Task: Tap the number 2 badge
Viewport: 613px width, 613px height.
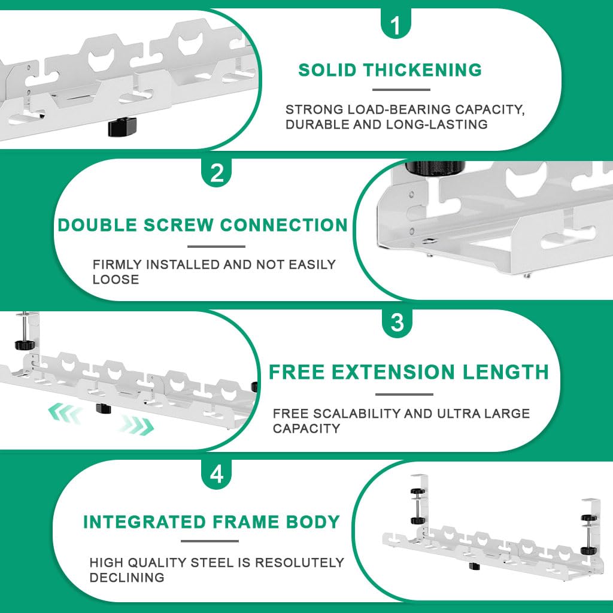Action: click(217, 174)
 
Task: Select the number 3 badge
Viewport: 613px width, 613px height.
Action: click(397, 323)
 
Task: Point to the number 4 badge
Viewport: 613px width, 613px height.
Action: click(217, 474)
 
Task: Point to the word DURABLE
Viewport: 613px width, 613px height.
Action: click(319, 125)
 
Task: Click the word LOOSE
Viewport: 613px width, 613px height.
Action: click(116, 280)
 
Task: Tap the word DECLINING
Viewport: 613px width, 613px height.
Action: click(126, 578)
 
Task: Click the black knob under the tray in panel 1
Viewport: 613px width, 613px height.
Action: click(122, 126)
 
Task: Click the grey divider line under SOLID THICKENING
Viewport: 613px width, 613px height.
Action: click(401, 90)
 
